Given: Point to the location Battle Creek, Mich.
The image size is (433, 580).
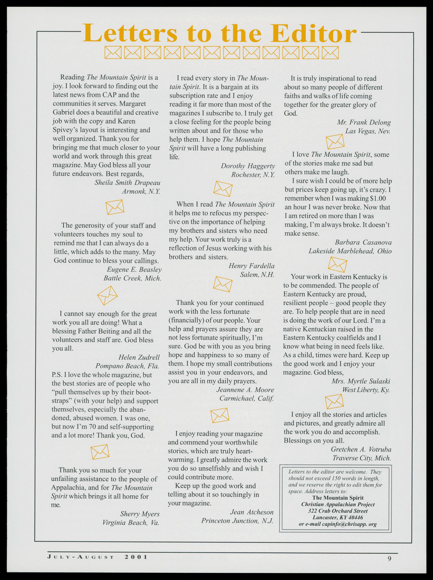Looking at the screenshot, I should tap(132, 278).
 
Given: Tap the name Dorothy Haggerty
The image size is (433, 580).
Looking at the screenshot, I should tap(248, 166).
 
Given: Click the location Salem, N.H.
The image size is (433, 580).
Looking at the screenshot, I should tap(257, 275).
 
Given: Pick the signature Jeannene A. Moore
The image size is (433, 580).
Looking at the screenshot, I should tap(245, 390).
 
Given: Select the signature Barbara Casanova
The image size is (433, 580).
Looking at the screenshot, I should tap(363, 243).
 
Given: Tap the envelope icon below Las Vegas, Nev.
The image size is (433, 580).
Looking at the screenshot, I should tap(335, 142).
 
